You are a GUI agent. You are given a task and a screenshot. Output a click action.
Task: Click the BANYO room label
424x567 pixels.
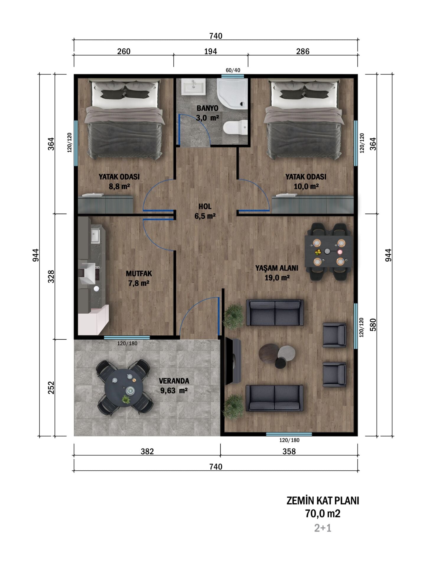(207, 108)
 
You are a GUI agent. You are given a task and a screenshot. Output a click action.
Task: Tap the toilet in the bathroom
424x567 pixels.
(235, 128)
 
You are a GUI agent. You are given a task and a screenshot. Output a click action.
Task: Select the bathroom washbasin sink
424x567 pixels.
(193, 87)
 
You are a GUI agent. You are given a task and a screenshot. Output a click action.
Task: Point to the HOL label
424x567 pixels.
(205, 206)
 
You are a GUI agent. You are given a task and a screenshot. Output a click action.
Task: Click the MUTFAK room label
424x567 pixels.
(139, 273)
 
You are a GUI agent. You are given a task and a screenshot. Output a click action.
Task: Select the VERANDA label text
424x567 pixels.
(174, 381)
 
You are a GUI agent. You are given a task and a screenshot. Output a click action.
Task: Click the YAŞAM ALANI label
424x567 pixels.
(277, 268)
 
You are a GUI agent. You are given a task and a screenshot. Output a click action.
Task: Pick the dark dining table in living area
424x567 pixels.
(329, 252)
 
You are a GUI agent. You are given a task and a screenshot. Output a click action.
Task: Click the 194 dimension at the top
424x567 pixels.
(211, 51)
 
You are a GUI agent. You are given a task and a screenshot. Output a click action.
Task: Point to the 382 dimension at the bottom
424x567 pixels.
(147, 452)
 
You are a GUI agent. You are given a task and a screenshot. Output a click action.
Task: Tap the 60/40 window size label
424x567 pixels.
(233, 70)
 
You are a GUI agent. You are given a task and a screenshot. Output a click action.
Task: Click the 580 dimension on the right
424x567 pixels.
(373, 324)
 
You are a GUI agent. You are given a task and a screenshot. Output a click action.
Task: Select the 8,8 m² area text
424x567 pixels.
(119, 187)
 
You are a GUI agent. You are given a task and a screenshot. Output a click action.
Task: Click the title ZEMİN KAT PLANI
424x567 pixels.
(323, 501)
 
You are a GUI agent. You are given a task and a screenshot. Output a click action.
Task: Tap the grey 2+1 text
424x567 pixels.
(323, 528)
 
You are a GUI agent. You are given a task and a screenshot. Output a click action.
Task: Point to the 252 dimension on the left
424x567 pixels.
(51, 388)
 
